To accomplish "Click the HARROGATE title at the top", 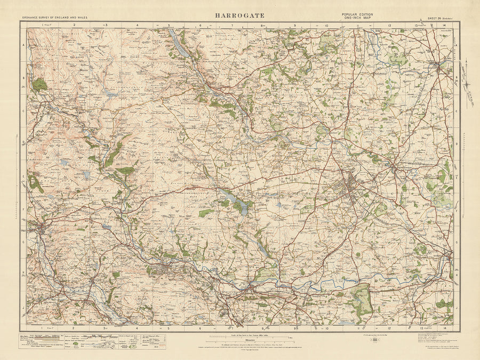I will (240, 15).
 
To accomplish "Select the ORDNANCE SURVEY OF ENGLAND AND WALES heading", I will (55, 18).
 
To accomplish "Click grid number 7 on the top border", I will (233, 25).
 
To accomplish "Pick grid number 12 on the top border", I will (390, 25).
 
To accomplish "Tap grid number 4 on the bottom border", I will (137, 329).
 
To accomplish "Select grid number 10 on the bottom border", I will (327, 329).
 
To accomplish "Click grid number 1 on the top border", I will (42, 25).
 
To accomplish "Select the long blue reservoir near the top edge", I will (179, 45).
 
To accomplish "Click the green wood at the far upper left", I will (39, 84).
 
